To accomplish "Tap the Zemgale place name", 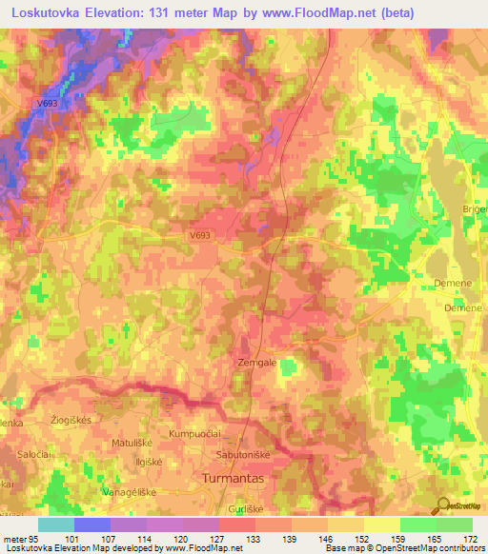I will tap(255, 363).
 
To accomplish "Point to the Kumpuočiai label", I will tap(194, 434).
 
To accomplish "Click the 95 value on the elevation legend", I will tap(32, 539).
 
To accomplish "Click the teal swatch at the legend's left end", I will tap(56, 524).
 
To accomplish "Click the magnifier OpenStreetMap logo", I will tap(443, 505).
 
